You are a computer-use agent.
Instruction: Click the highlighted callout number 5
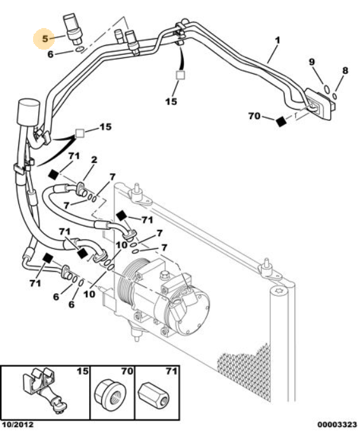click(45, 38)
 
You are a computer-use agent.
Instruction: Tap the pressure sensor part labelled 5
click(73, 29)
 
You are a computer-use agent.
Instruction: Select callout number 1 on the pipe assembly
click(277, 40)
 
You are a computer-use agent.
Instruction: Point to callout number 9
click(312, 62)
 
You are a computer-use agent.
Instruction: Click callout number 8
click(345, 71)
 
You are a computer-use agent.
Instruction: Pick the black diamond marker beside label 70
click(281, 122)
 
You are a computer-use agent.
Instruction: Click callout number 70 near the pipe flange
click(254, 116)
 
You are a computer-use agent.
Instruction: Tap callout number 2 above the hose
click(94, 160)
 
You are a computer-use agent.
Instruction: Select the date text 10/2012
click(18, 425)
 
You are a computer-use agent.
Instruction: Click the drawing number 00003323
click(337, 425)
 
